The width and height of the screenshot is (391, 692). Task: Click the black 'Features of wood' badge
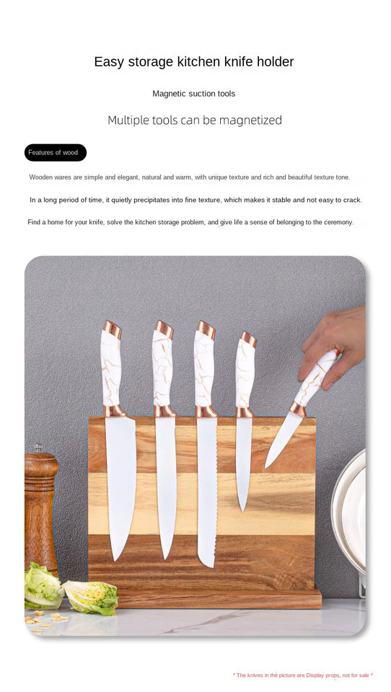[55, 153]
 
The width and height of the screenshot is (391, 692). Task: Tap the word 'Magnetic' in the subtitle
[169, 94]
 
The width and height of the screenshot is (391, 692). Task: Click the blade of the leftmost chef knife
[120, 483]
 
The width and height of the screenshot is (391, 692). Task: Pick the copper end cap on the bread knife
[206, 330]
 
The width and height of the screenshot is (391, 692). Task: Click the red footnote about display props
[302, 675]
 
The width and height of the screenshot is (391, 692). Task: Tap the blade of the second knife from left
[166, 483]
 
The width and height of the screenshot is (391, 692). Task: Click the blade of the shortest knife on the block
[244, 461]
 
